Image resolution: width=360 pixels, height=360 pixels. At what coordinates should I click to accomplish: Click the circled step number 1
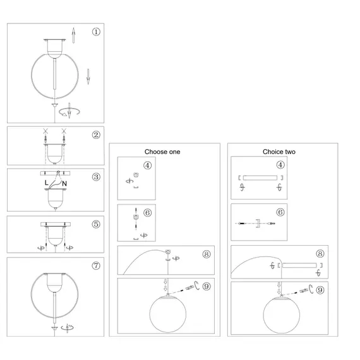click(x=96, y=32)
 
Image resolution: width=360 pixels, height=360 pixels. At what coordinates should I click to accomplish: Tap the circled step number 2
click(x=96, y=135)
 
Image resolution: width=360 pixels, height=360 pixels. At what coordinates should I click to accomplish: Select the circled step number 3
click(x=96, y=177)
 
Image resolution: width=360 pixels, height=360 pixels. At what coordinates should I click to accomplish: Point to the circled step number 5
click(x=96, y=224)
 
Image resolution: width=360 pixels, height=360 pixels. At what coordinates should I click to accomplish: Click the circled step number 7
click(x=96, y=266)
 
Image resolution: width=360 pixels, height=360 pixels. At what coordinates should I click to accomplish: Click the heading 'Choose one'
click(x=162, y=152)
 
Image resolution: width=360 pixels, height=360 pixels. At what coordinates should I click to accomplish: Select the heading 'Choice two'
click(x=279, y=152)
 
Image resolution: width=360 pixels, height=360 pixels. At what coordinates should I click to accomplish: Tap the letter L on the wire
click(x=46, y=183)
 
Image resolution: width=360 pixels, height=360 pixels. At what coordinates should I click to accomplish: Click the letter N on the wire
click(x=64, y=184)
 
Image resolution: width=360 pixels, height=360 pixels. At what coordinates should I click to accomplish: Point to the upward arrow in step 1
click(x=73, y=35)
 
